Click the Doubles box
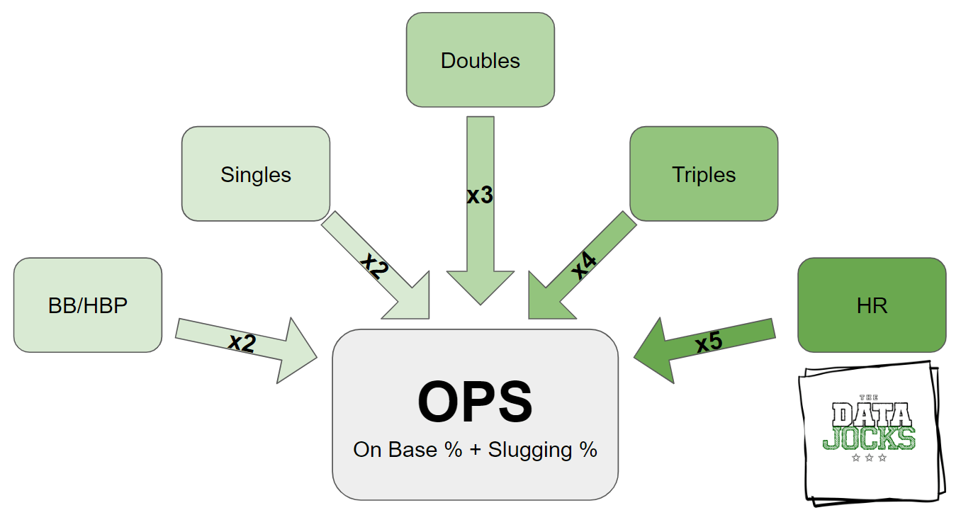point(480,60)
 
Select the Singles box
point(256,174)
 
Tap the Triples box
point(704,174)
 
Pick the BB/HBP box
point(88,305)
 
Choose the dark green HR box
point(872,305)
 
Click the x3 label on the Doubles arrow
point(480,196)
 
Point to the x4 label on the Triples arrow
point(584,266)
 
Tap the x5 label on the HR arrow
point(709,342)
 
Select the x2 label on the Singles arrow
point(374,265)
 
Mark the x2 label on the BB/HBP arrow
point(242,343)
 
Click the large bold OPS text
point(475,402)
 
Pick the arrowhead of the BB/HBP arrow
point(298,351)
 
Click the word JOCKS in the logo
point(869,437)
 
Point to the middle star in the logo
point(869,458)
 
